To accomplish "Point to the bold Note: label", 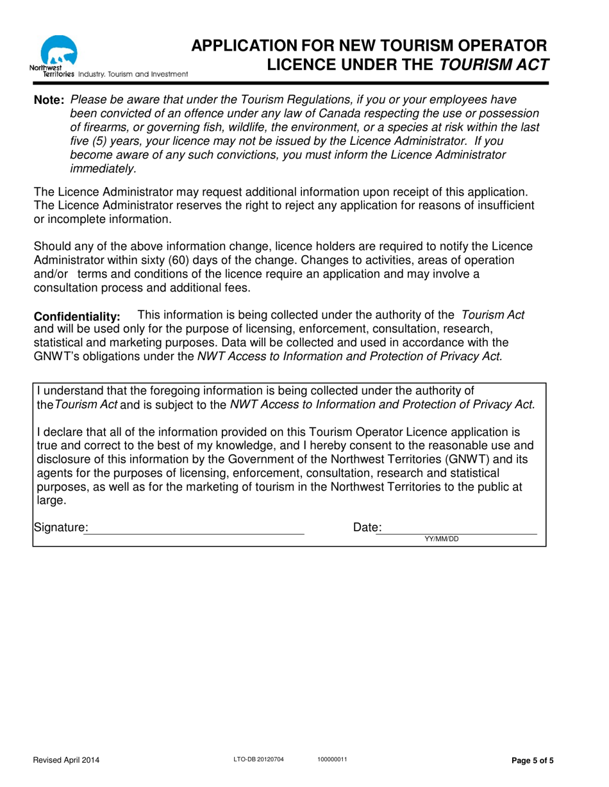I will tap(49, 101).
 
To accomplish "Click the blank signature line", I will tap(194, 529).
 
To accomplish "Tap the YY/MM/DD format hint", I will tap(442, 539).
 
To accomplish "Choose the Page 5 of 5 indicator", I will tap(531, 761).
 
